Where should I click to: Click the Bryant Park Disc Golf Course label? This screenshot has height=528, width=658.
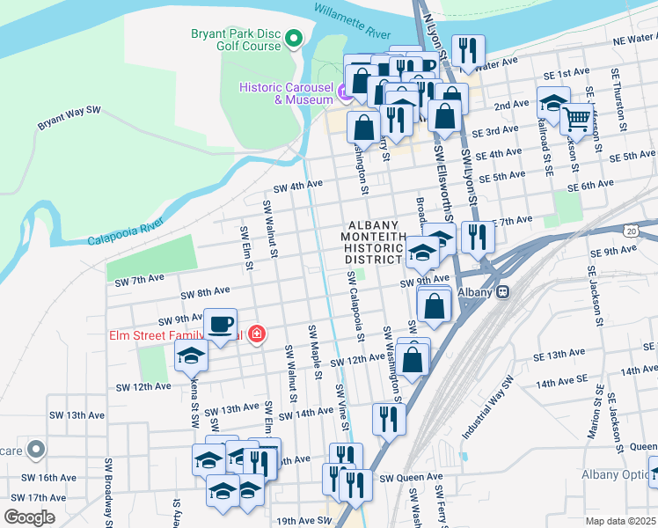236,40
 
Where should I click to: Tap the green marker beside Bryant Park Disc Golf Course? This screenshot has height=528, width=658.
295,39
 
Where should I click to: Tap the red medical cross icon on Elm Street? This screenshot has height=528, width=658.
256,334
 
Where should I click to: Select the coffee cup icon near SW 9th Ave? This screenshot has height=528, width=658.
220,322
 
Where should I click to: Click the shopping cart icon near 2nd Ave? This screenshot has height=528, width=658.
577,117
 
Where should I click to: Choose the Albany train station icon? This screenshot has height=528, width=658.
502,292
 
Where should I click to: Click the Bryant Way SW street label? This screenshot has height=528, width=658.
69,120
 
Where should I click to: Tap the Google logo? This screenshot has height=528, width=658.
30,517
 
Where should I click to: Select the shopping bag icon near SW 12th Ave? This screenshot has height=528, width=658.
412,358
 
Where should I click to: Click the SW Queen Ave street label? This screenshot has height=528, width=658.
411,478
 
